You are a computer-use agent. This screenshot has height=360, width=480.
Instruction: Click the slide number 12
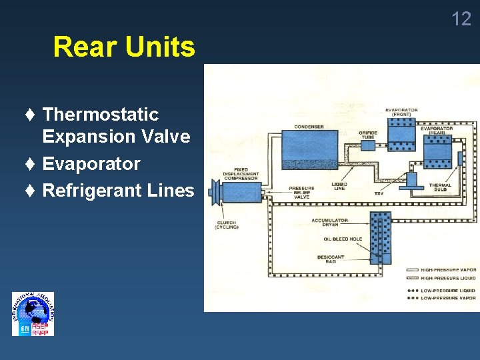click(x=461, y=19)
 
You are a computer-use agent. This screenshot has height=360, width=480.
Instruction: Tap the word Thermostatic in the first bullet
click(x=101, y=115)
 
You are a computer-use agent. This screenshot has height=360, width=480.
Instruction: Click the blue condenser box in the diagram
click(x=309, y=149)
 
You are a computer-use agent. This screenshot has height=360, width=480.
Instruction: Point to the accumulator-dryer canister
click(x=381, y=237)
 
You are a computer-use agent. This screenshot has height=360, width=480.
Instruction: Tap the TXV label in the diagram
click(x=379, y=194)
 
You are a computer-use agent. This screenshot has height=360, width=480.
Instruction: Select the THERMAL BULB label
click(x=440, y=187)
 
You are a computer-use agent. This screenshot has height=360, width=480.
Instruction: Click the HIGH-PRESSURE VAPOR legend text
click(x=449, y=270)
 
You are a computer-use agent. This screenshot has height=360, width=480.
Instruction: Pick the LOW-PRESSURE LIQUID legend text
click(x=449, y=291)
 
